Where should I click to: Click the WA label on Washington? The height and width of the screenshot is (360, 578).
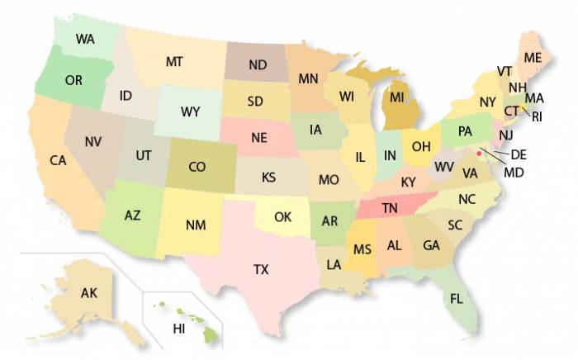click(84, 39)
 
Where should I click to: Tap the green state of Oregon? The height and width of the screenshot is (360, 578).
click(73, 80)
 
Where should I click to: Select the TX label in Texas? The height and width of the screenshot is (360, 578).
click(261, 269)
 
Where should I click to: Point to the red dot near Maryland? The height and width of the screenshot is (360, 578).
click(480, 152)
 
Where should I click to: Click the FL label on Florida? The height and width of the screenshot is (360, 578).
click(457, 299)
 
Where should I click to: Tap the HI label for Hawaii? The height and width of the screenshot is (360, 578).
click(178, 329)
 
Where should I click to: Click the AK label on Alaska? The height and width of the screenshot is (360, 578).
click(89, 293)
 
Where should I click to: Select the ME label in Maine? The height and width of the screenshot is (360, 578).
click(533, 57)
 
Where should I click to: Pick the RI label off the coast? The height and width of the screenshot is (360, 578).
click(537, 116)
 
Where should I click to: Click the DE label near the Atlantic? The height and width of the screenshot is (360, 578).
click(519, 154)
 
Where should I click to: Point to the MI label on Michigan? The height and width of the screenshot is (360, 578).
click(397, 97)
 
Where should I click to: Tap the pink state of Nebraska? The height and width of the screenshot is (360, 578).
click(259, 137)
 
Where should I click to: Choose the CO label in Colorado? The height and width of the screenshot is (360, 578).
click(197, 167)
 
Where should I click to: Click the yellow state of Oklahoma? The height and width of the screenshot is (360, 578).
click(283, 217)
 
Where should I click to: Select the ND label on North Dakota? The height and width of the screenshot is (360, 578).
click(257, 64)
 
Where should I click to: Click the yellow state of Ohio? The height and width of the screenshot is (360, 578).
click(421, 146)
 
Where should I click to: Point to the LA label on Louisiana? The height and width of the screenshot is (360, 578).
click(334, 265)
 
